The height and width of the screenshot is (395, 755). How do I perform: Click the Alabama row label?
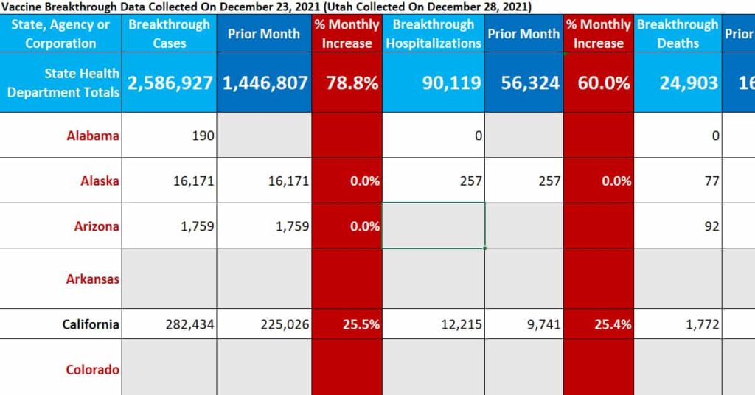[93, 136]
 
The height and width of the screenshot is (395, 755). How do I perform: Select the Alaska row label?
[100, 181]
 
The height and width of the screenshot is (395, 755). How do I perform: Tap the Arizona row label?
[97, 226]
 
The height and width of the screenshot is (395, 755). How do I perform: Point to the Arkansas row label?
[93, 279]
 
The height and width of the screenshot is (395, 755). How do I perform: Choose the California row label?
[91, 324]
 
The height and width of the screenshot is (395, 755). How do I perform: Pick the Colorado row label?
[93, 369]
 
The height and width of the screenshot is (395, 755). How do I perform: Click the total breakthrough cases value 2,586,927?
[170, 83]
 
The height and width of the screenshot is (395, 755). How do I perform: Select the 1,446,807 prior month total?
[265, 83]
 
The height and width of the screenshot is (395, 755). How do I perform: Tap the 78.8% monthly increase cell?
[347, 83]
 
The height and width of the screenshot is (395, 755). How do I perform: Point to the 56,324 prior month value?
[524, 83]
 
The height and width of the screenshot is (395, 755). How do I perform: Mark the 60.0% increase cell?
[598, 83]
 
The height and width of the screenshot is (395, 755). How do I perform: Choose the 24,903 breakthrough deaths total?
[689, 83]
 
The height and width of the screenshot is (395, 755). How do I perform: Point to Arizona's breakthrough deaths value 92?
[711, 226]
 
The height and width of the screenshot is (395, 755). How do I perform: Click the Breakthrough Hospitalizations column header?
[434, 34]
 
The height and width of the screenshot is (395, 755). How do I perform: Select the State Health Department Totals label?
[63, 83]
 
